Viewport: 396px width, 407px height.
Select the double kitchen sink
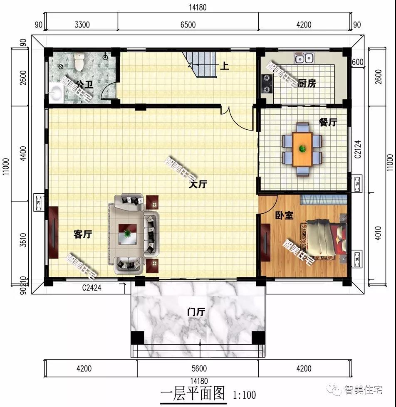[x=304, y=58]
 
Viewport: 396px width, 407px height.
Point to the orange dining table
[x=302, y=148]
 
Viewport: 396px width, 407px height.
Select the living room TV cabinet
[x=53, y=232]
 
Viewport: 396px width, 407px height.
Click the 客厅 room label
[x=82, y=234]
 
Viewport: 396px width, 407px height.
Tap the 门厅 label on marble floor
[x=196, y=311]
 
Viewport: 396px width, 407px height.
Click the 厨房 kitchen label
[x=307, y=84]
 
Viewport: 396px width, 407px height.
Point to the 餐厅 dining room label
[x=328, y=122]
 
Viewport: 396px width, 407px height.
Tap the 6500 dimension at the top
[x=188, y=25]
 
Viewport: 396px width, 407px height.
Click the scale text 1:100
[x=245, y=394]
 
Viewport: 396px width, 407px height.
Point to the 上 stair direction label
[x=224, y=66]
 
